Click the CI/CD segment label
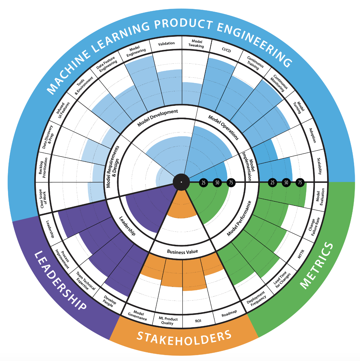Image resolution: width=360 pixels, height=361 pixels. coord(226,50)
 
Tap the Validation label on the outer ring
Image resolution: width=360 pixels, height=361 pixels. coord(166,44)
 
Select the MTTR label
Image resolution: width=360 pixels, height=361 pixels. coord(301,254)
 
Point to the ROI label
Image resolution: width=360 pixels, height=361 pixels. coord(198,321)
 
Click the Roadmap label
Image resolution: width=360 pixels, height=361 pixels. coord(229,313)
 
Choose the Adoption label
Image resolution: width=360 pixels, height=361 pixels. coord(313,135)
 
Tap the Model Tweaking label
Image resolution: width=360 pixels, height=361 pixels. coord(196,44)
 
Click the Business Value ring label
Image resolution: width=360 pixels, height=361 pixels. coord(182,252)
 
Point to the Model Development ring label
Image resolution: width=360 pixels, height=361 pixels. coord(158,118)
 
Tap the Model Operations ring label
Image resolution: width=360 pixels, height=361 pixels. coord(223,127)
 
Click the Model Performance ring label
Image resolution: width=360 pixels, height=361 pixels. coord(239,218)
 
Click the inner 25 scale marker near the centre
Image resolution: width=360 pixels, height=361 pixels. coord(203,183)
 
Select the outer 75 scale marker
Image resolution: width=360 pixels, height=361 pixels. coord(300,183)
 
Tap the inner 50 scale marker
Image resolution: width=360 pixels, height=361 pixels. coord(217,183)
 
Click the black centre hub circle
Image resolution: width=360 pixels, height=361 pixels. coord(181,182)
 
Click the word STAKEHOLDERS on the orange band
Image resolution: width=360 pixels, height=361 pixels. coord(184,338)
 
